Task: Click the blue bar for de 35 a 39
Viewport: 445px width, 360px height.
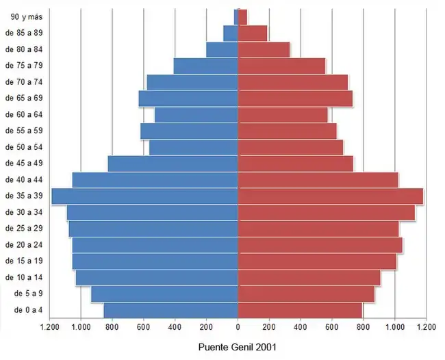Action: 144,196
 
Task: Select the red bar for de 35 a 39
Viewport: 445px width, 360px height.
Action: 330,196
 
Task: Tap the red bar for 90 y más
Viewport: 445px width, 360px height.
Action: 242,16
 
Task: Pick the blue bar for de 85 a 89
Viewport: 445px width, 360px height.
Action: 231,33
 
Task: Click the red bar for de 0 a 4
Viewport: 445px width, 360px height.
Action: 300,311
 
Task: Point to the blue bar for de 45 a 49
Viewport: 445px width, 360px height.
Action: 173,164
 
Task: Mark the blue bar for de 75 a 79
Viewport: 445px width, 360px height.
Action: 205,66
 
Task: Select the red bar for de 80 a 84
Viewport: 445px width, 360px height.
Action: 264,49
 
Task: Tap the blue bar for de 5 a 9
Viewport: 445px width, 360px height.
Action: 164,294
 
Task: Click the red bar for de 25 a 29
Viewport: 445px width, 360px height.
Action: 318,229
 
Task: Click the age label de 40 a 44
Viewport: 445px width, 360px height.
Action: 24,180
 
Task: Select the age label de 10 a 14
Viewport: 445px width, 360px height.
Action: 24,278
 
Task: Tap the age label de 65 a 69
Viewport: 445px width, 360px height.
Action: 24,99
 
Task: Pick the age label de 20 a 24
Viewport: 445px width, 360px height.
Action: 24,245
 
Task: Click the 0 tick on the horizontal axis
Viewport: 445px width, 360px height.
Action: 238,327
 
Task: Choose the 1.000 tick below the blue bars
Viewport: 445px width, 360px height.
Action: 81,327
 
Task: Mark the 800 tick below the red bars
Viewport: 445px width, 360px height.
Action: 363,327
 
